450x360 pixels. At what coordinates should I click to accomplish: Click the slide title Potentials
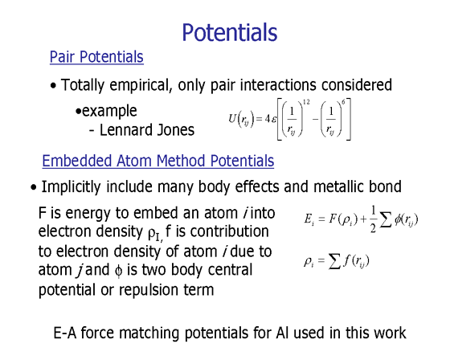230,32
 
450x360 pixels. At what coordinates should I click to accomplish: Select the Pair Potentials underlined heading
96,57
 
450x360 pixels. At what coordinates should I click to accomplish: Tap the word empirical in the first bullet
141,85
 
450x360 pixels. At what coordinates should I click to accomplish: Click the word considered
357,84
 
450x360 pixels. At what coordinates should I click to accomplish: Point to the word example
109,111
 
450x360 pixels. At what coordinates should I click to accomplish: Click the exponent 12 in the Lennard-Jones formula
306,102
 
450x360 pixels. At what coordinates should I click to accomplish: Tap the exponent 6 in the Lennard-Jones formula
343,102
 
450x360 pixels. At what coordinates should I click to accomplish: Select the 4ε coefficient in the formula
271,119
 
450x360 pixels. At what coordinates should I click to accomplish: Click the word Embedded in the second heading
77,161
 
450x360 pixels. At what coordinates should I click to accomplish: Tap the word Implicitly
72,187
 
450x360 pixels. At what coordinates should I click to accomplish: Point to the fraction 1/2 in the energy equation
373,219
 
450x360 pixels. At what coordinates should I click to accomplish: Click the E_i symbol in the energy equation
309,219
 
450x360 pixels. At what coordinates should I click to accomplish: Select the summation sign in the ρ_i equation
334,261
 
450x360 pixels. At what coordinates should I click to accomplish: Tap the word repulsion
147,290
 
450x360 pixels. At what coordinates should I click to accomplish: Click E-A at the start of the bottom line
65,333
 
